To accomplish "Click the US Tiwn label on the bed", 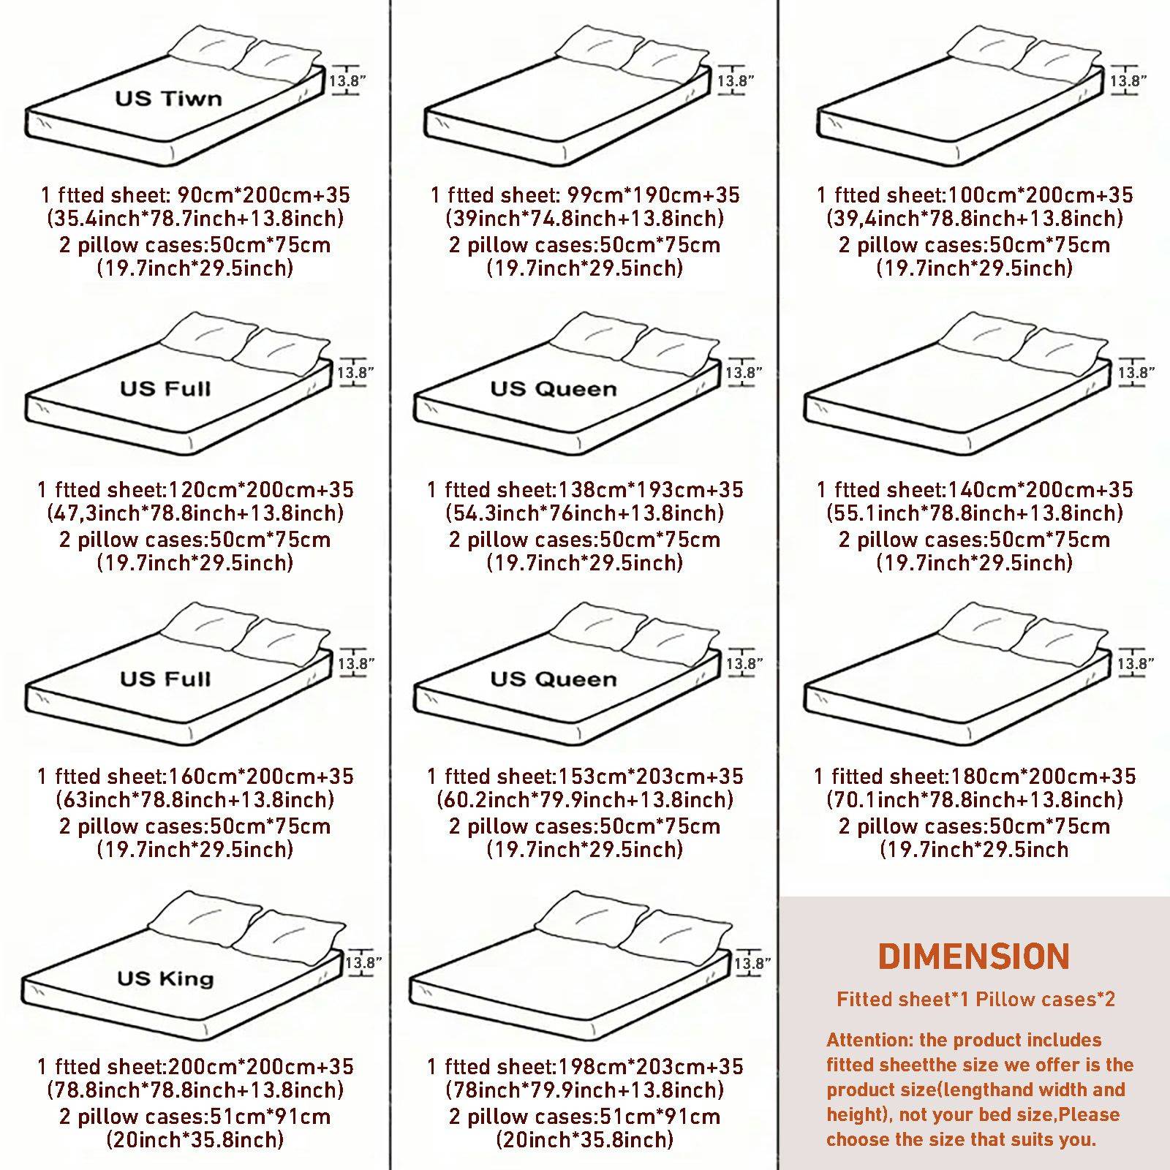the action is coord(168,98).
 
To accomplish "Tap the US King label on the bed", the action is coord(166,978).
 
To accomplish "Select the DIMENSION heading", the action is coord(974,956).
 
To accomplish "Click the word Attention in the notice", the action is coord(867,1040).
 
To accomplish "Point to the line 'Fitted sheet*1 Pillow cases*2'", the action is coord(976,999).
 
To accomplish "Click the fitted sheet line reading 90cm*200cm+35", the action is coord(195,195).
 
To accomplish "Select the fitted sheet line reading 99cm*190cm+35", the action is coord(585,195).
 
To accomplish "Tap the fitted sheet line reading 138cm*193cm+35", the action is coord(585,489).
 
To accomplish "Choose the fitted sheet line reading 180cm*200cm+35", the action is coord(975,776).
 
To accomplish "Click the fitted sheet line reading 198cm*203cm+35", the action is coord(585,1066).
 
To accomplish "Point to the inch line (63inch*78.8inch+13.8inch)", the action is coord(195,799).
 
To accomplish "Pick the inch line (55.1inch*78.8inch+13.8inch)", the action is coord(975,513).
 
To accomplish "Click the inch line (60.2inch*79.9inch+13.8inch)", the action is coord(585,799).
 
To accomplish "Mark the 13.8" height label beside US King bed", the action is coord(363,962).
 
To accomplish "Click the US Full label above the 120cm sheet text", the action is coord(166,388).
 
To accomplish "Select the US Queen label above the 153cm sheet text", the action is coord(554,679).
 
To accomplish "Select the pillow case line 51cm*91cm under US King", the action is coord(195,1116).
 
